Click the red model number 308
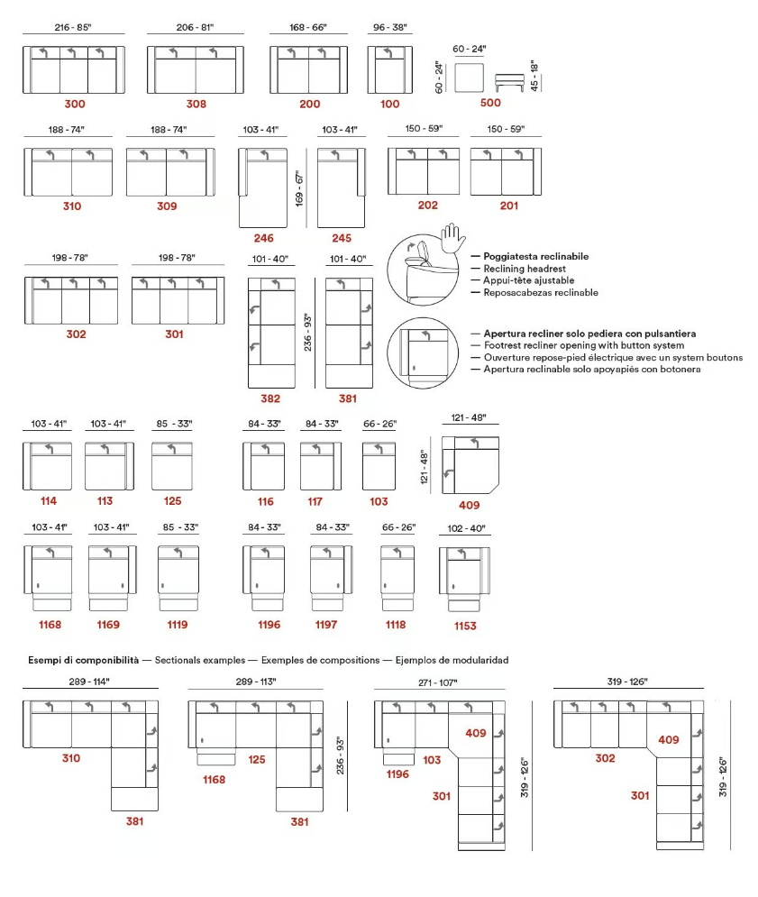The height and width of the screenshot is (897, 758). tap(196, 104)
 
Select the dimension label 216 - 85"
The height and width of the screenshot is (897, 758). tap(73, 27)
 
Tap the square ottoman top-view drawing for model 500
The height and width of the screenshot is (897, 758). tap(469, 78)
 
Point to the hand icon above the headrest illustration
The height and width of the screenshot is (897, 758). tap(453, 237)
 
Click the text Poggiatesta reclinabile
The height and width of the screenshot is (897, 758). tap(536, 256)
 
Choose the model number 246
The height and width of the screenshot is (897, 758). tap(264, 238)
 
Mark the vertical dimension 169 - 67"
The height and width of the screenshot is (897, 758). tap(299, 188)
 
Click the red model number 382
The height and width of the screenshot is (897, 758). tap(270, 398)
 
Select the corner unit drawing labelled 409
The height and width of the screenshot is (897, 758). tap(470, 464)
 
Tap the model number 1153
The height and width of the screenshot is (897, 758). tap(465, 626)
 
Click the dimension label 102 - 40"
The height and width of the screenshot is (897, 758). tap(466, 528)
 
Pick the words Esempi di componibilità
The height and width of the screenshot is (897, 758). tap(84, 660)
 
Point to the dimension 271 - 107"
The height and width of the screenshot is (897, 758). tap(438, 682)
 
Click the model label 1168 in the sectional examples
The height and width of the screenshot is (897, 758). tap(214, 779)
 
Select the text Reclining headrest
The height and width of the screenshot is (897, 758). tap(525, 269)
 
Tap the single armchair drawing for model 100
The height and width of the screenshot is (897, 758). tap(389, 69)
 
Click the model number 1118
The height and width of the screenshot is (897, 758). tap(396, 625)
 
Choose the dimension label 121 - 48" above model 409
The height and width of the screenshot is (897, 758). tap(469, 417)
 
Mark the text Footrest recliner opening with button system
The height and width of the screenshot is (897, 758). tap(584, 345)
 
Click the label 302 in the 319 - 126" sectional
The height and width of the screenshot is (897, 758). tap(606, 758)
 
